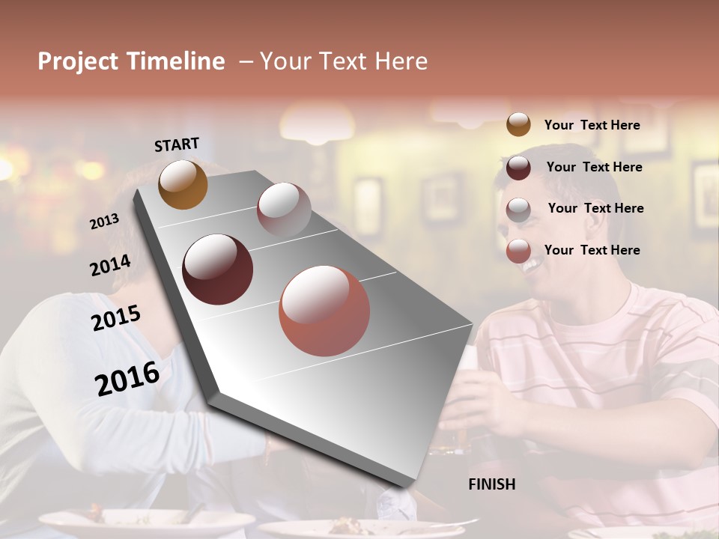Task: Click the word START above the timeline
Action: point(177,144)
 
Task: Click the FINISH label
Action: point(492,484)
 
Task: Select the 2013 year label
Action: point(104,222)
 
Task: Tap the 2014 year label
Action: point(110,265)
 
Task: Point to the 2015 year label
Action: point(115,318)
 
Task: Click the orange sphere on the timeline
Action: point(183,184)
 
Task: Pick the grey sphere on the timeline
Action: point(284,210)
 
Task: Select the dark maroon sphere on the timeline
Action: point(218,269)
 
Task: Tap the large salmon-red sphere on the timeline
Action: point(324,311)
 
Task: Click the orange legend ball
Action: point(518,124)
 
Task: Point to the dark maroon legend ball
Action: point(518,168)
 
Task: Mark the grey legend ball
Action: point(518,210)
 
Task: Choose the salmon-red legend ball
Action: point(518,252)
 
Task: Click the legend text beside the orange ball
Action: point(592,125)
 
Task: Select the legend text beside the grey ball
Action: point(595,208)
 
